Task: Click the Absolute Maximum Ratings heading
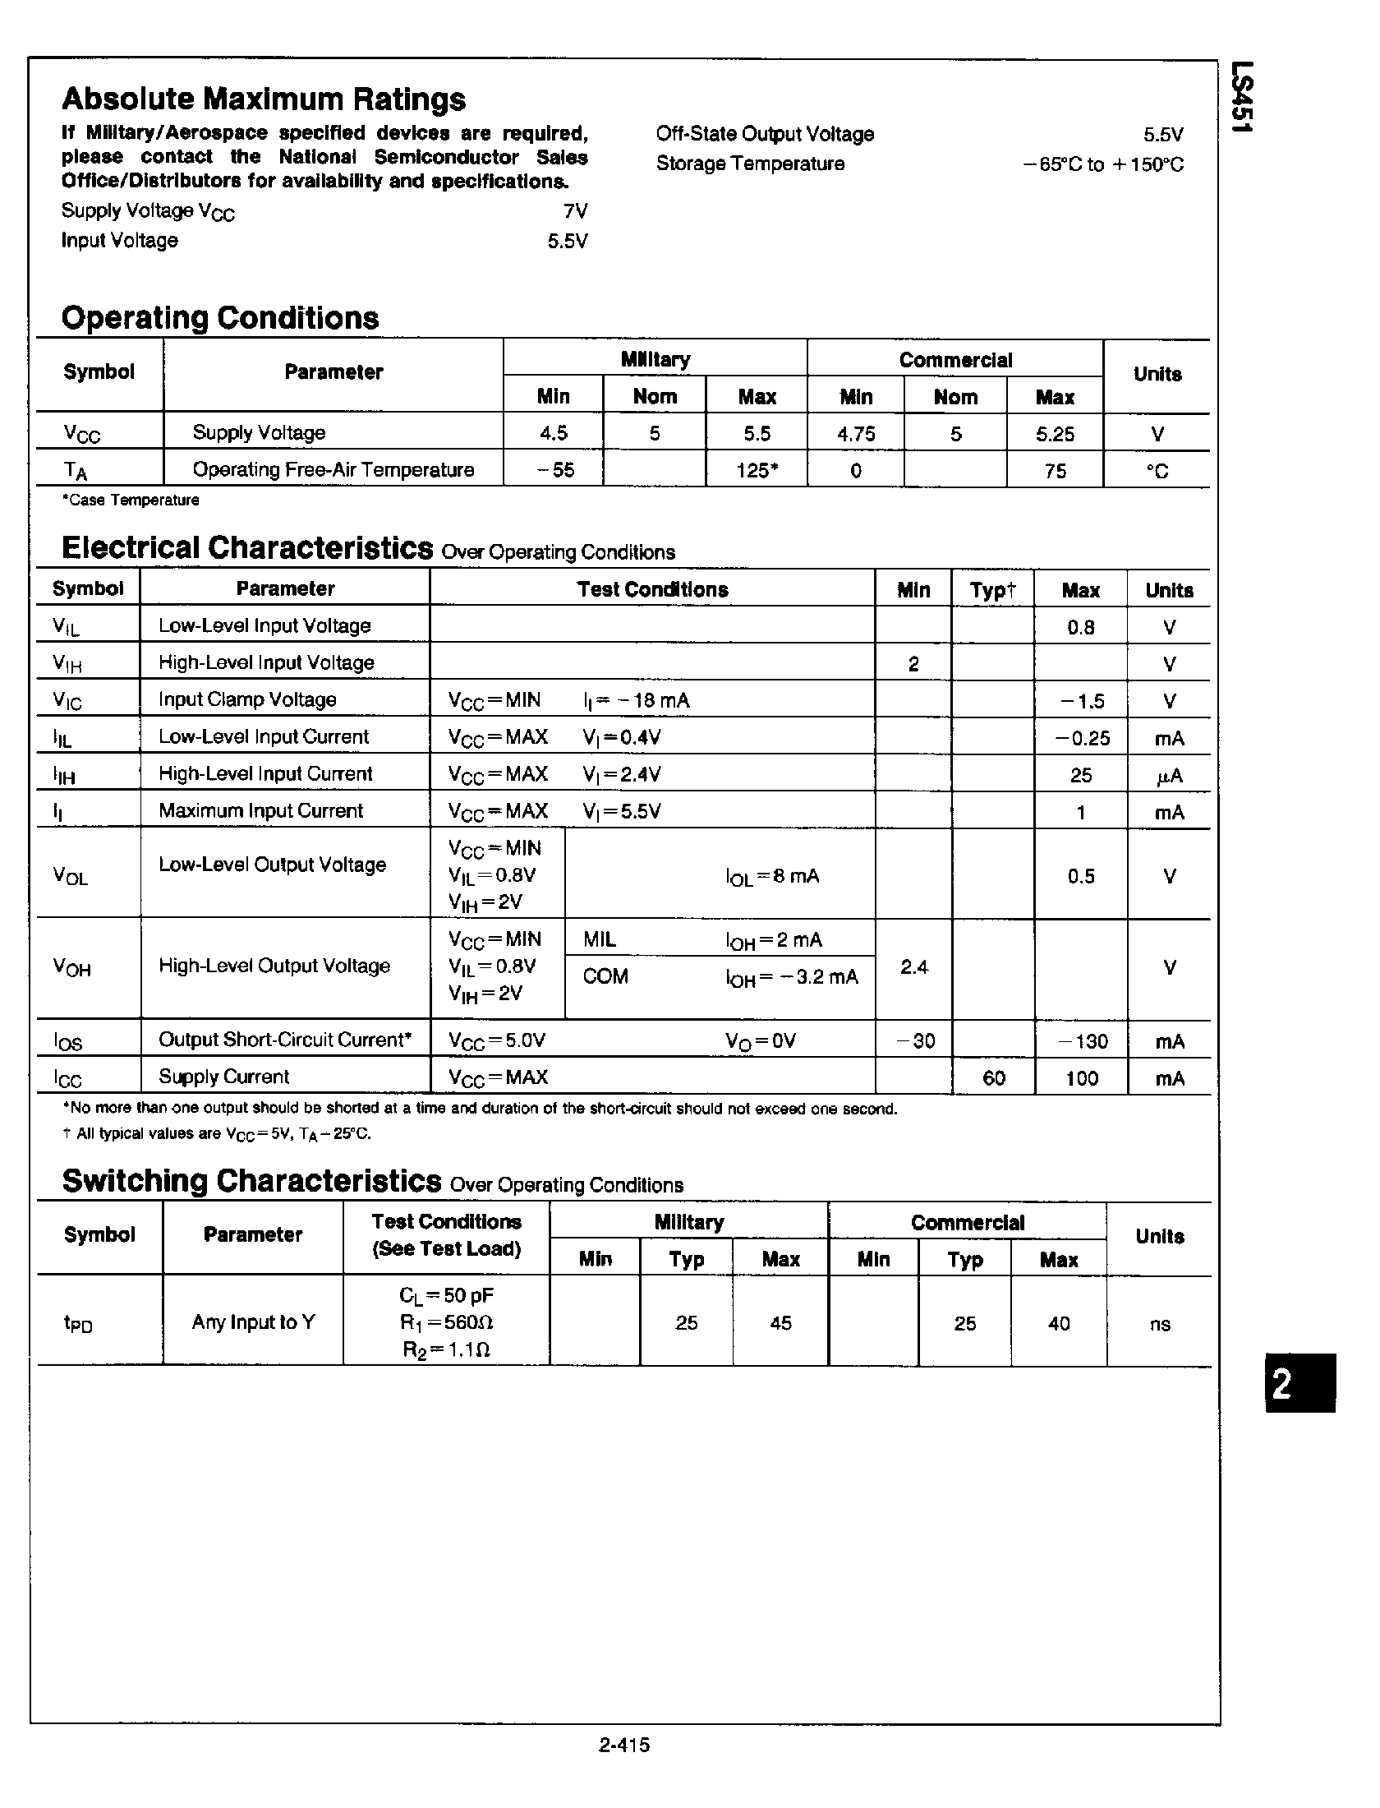click(264, 99)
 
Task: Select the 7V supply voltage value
click(575, 211)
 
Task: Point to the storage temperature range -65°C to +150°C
click(1103, 164)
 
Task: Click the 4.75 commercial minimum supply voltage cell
click(855, 434)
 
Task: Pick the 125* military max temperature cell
click(757, 471)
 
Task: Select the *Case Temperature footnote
click(131, 500)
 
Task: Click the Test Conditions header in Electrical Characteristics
click(652, 590)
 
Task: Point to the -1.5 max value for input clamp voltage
click(1081, 702)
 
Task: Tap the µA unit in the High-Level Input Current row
click(1169, 776)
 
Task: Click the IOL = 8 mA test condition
click(772, 877)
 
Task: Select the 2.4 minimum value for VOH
click(913, 968)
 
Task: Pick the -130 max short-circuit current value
click(1081, 1042)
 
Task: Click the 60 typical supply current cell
click(993, 1078)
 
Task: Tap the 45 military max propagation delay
click(780, 1323)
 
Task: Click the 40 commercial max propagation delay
click(1059, 1323)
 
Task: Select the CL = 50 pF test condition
click(446, 1296)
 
